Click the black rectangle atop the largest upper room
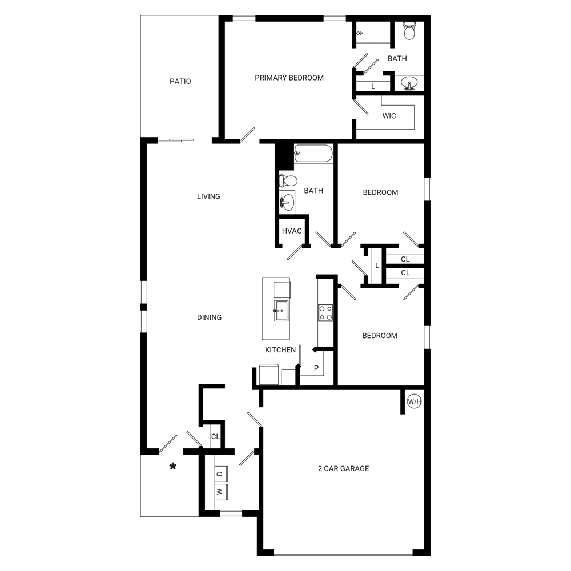click(x=289, y=34)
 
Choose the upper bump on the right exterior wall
click(x=427, y=188)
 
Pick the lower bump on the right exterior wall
click(x=427, y=336)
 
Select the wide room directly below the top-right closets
click(x=391, y=116)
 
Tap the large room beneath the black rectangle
click(x=289, y=91)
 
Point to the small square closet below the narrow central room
click(x=293, y=231)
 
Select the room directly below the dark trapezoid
click(x=380, y=206)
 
